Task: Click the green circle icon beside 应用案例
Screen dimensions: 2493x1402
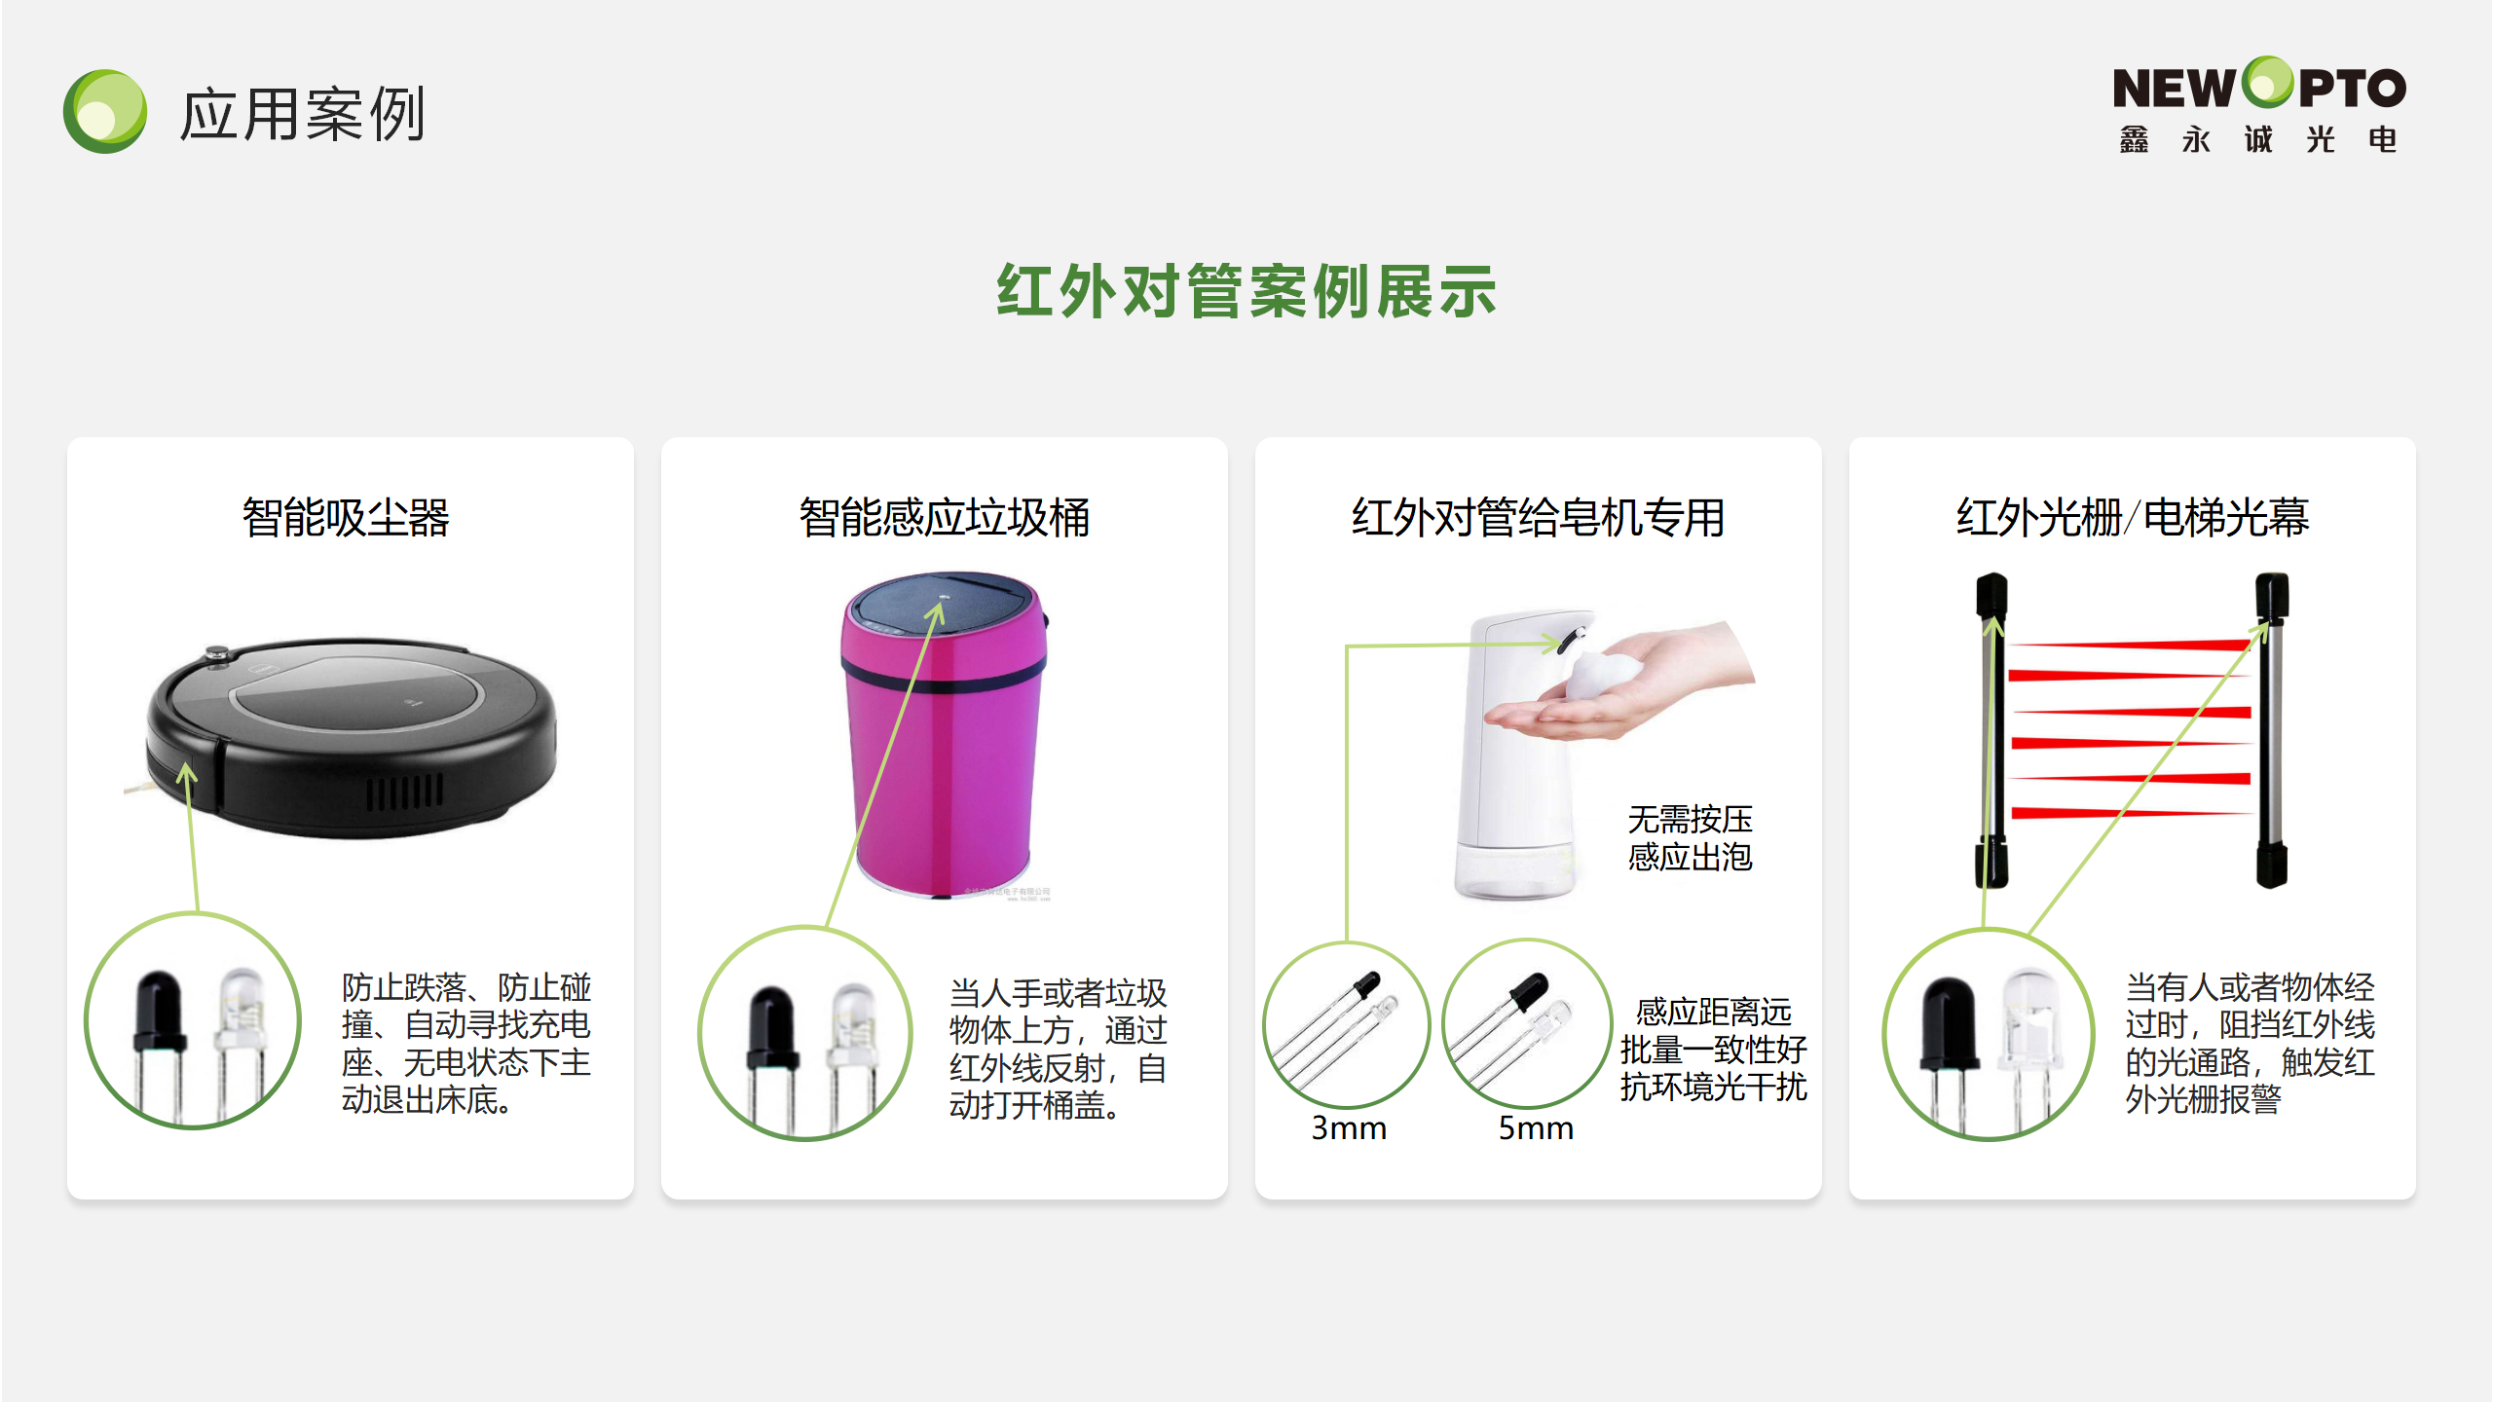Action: pyautogui.click(x=105, y=111)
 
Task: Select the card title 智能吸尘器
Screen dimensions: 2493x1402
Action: pyautogui.click(x=346, y=517)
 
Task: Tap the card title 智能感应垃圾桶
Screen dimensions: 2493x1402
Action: pyautogui.click(x=944, y=517)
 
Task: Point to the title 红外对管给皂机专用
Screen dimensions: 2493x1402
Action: pyautogui.click(x=1538, y=517)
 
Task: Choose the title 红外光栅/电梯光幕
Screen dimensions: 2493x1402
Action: pyautogui.click(x=2133, y=517)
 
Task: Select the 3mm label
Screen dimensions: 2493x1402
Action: pyautogui.click(x=1349, y=1127)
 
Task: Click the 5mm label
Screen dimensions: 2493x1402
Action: pyautogui.click(x=1536, y=1127)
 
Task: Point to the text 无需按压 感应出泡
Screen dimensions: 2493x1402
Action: pyautogui.click(x=1690, y=838)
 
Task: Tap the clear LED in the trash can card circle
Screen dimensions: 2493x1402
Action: pyautogui.click(x=853, y=1051)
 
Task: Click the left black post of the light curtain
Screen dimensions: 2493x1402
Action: pyautogui.click(x=1991, y=730)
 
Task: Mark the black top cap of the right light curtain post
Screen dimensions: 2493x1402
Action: pyautogui.click(x=2272, y=596)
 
